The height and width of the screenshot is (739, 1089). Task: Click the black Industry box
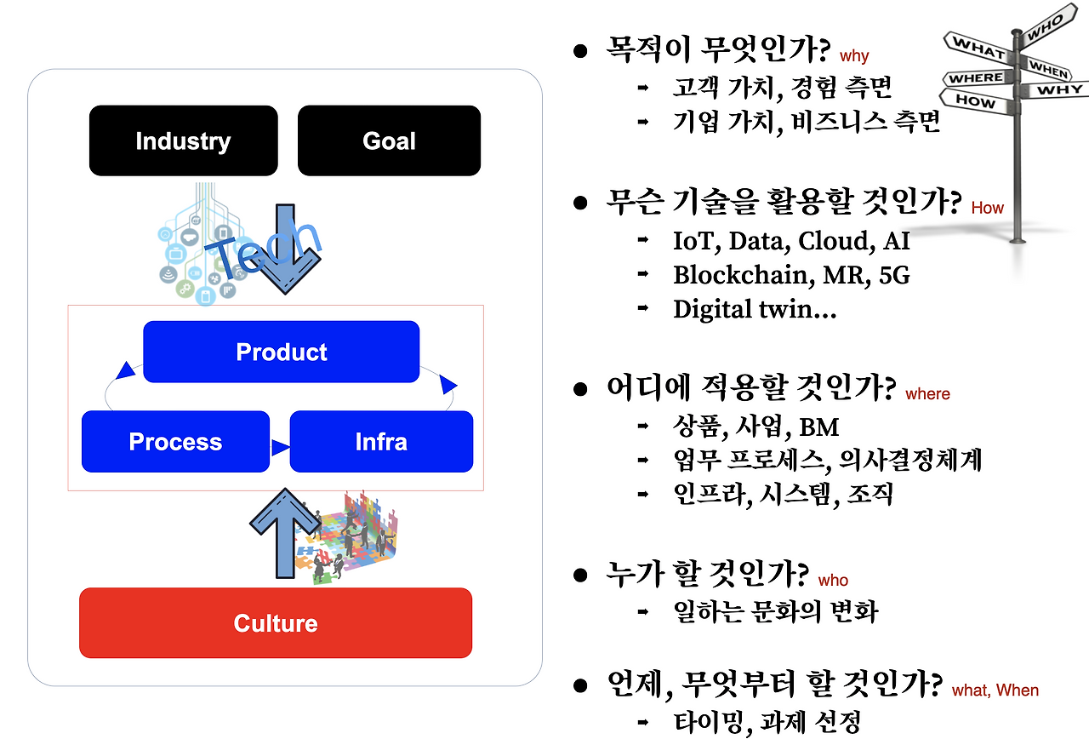click(183, 140)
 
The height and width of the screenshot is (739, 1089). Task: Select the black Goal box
click(389, 140)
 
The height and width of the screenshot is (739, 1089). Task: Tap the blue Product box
click(281, 352)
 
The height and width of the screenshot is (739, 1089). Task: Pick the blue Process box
click(175, 442)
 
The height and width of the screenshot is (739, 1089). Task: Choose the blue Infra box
click(381, 442)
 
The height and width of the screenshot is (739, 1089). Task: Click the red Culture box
click(276, 623)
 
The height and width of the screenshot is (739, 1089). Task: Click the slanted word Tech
click(264, 247)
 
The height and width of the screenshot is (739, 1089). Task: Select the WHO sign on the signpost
click(1044, 32)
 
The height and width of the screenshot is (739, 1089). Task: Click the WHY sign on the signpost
click(1059, 89)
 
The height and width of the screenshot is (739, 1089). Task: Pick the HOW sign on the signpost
click(976, 100)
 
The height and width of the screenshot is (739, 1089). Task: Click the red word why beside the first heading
click(854, 56)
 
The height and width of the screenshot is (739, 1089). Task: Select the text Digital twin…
click(755, 309)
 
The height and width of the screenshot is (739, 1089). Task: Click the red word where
click(927, 393)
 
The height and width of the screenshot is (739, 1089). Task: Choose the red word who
click(833, 580)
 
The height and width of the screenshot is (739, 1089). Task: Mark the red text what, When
click(995, 690)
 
